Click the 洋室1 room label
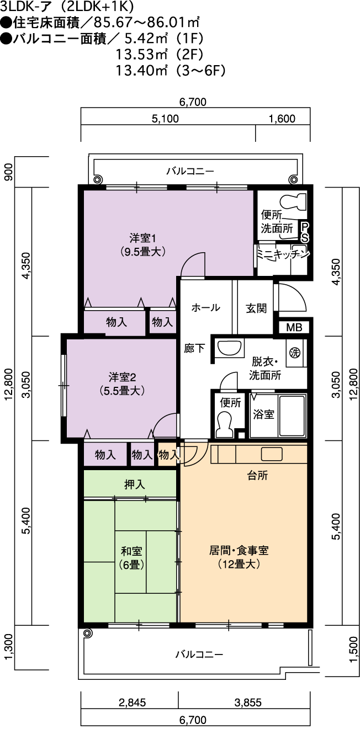tap(142, 244)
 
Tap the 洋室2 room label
tap(123, 384)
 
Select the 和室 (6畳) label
tap(131, 558)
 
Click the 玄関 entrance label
tap(256, 308)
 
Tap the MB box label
tap(294, 327)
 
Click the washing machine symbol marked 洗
tap(295, 353)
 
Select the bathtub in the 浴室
tap(292, 416)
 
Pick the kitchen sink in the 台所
tap(272, 454)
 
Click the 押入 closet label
tap(135, 485)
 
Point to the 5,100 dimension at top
tap(165, 119)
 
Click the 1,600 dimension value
tap(282, 119)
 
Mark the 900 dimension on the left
tap(9, 172)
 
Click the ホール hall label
tap(205, 308)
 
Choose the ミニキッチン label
tap(283, 254)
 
